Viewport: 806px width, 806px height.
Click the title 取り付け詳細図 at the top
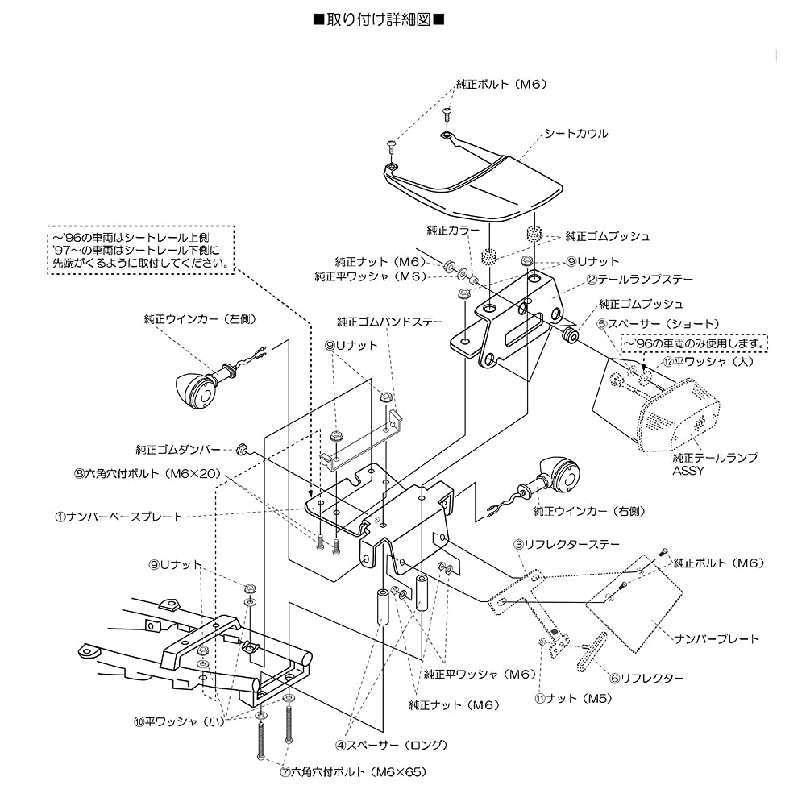(x=379, y=20)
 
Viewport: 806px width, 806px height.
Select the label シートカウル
(x=576, y=134)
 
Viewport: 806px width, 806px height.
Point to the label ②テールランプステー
(x=640, y=279)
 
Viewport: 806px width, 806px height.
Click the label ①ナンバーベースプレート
(x=118, y=517)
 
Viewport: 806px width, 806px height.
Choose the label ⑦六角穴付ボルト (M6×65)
(x=353, y=771)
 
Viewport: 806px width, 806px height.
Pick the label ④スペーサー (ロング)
(x=392, y=745)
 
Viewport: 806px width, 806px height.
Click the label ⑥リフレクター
(x=646, y=678)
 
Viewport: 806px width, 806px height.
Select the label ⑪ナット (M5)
(x=573, y=699)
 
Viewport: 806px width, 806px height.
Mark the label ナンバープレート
(x=717, y=639)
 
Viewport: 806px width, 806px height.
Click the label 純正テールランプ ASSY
(x=715, y=463)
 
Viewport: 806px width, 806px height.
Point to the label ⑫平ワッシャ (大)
(x=708, y=361)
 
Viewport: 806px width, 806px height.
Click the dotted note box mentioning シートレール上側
(x=141, y=250)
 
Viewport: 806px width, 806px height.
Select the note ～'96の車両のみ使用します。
(x=694, y=343)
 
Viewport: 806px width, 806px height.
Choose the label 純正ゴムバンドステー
(x=389, y=322)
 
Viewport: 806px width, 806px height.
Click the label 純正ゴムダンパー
(x=178, y=450)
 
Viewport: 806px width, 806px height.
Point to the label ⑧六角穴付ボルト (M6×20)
(x=147, y=473)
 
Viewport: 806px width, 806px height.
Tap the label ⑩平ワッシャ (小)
(x=180, y=721)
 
